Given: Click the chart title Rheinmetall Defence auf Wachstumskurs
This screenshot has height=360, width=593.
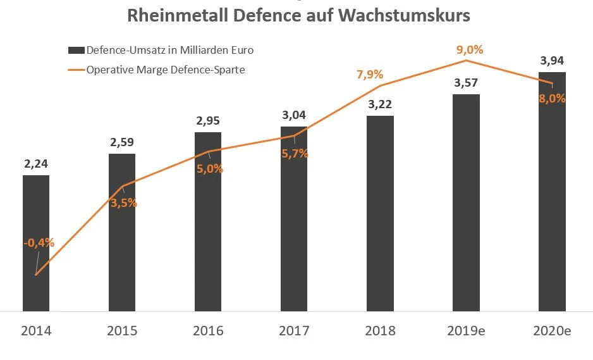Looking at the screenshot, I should [298, 15].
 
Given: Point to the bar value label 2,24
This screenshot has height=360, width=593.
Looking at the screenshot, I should [36, 164].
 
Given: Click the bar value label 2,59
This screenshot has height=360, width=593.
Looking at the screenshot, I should [122, 142].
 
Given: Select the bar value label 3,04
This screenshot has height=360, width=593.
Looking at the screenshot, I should [294, 115].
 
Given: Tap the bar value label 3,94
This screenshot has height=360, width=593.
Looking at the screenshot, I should [552, 61].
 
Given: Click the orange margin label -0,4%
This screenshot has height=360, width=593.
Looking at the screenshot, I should [39, 242].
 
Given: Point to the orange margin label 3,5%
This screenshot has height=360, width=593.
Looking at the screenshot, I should [124, 203].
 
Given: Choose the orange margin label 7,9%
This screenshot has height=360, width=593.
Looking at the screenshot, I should [370, 75].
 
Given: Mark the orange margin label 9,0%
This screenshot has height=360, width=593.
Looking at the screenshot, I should [469, 49].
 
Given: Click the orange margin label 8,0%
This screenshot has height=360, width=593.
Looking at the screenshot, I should [552, 99].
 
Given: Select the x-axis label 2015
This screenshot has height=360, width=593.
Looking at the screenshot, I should [122, 331].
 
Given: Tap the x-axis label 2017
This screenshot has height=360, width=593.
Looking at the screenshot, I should [294, 331].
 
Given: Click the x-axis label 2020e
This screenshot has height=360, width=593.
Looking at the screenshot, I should [552, 331].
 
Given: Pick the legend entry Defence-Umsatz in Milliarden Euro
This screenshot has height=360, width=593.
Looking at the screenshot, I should [169, 50].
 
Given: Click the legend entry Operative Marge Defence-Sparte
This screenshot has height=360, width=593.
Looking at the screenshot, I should [165, 70].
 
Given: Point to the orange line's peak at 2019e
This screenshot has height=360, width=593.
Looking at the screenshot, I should [466, 60].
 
